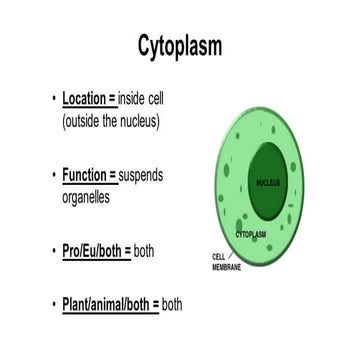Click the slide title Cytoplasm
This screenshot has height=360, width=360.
[x=180, y=46]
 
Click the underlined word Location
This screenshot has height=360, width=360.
[x=89, y=100]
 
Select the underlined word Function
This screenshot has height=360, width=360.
[x=88, y=176]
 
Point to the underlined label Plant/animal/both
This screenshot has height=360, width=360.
[x=110, y=304]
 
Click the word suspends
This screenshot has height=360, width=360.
[x=141, y=176]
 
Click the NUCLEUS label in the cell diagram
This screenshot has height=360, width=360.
[x=267, y=183]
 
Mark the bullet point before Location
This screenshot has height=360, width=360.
[x=53, y=100]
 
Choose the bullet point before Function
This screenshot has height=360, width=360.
[x=53, y=176]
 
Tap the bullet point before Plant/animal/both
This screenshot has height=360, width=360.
[x=53, y=304]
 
